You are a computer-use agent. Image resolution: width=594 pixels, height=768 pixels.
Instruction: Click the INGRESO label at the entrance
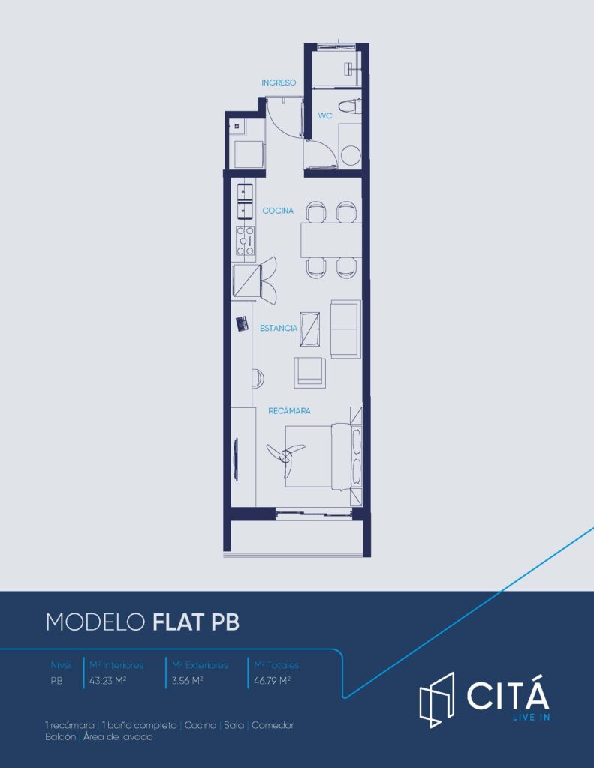click(x=279, y=82)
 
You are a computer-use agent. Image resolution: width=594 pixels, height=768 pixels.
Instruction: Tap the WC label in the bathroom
click(x=324, y=115)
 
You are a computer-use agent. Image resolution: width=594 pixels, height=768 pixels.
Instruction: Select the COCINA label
click(x=278, y=211)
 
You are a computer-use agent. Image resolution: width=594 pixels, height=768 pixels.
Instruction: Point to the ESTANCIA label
click(x=278, y=328)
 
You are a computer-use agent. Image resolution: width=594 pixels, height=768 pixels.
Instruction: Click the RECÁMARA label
click(x=289, y=410)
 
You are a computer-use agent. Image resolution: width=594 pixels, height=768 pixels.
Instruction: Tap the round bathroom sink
click(x=350, y=155)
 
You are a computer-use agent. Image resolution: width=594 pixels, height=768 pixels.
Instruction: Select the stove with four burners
click(x=246, y=241)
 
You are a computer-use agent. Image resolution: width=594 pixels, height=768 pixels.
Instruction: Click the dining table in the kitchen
click(x=331, y=240)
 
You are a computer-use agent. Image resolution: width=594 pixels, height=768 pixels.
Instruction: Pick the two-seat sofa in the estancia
click(x=345, y=328)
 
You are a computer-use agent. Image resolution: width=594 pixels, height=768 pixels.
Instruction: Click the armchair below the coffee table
click(x=310, y=372)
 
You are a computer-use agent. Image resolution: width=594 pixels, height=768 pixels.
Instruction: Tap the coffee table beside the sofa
click(x=310, y=328)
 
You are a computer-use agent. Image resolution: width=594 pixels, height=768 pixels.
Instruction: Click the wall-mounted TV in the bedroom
click(x=237, y=457)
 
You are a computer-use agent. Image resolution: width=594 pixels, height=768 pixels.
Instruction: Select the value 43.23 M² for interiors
click(x=108, y=681)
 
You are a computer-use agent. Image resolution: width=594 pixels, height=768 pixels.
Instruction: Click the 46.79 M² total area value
click(x=273, y=681)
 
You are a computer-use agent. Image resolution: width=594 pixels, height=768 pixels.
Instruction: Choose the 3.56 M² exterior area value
click(x=188, y=681)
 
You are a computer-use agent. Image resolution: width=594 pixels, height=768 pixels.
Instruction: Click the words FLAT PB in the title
click(x=196, y=622)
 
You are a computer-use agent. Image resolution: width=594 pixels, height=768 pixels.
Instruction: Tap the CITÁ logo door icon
click(x=436, y=700)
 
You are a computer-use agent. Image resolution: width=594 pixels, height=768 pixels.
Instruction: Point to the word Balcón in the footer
click(x=60, y=736)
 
